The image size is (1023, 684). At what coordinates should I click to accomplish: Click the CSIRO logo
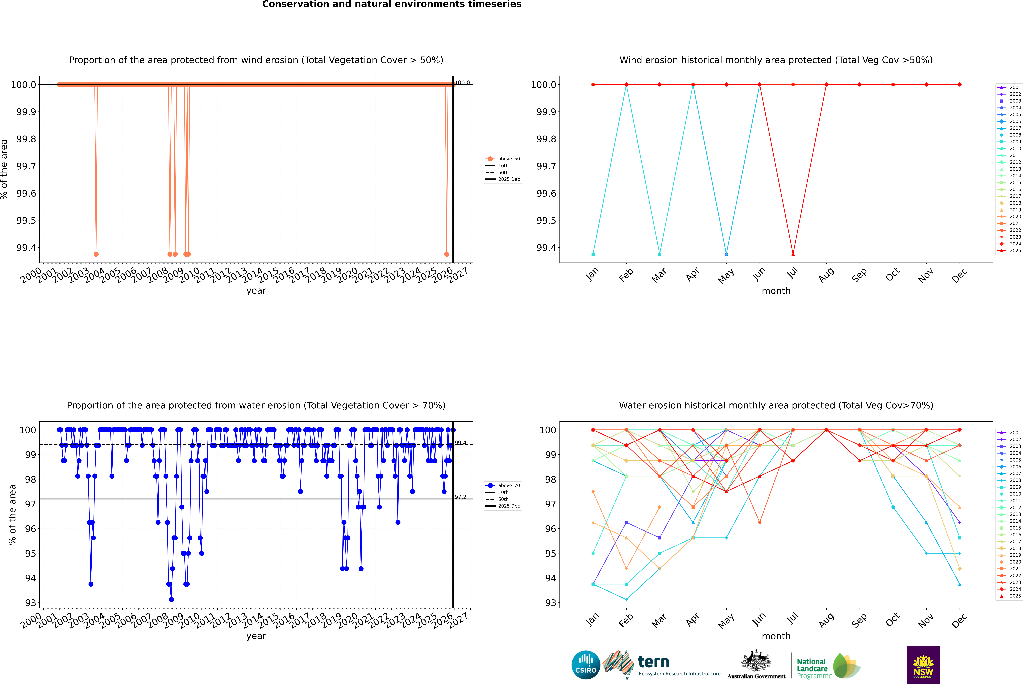[x=586, y=665]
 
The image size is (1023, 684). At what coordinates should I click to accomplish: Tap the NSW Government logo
[x=923, y=665]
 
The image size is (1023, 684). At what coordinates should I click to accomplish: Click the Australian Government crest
[x=756, y=662]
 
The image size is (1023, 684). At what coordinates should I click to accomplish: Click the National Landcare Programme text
[x=812, y=668]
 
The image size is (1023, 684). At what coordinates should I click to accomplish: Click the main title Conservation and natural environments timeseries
[x=392, y=4]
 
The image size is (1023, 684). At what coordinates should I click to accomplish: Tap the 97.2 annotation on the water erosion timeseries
[x=460, y=497]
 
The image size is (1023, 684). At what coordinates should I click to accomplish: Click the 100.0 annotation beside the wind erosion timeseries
[x=462, y=82]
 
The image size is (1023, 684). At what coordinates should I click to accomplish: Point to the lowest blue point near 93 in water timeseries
[x=171, y=599]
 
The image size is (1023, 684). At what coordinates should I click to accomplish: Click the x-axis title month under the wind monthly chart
[x=776, y=291]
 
